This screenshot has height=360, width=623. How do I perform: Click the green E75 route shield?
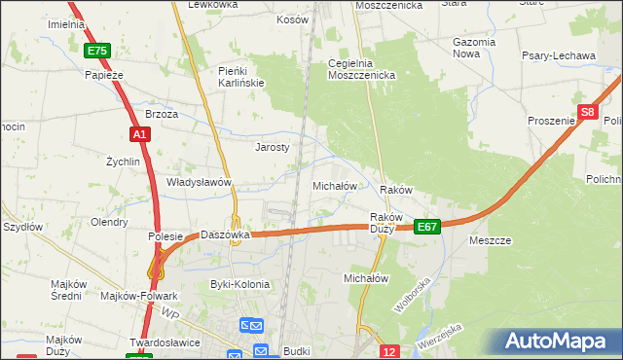pyautogui.click(x=97, y=51)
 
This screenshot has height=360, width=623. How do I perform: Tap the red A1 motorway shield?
pyautogui.click(x=139, y=134)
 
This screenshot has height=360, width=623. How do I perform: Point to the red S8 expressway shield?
pyautogui.click(x=586, y=113)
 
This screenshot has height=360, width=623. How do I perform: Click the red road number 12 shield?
pyautogui.click(x=389, y=351)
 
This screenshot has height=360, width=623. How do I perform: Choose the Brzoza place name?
pyautogui.click(x=162, y=114)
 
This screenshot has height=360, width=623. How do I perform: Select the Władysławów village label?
pyautogui.click(x=199, y=182)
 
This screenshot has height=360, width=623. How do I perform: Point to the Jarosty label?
pyautogui.click(x=273, y=148)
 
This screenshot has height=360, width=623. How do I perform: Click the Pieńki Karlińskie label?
pyautogui.click(x=241, y=77)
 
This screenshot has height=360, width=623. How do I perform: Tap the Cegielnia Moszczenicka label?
pyautogui.click(x=360, y=68)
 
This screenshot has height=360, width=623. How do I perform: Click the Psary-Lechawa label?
pyautogui.click(x=561, y=55)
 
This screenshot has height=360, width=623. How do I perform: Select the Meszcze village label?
pyautogui.click(x=491, y=240)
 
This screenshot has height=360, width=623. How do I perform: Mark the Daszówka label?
pyautogui.click(x=227, y=234)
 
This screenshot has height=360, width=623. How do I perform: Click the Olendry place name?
pyautogui.click(x=109, y=222)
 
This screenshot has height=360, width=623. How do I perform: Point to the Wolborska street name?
pyautogui.click(x=412, y=295)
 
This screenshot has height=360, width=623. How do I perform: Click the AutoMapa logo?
pyautogui.click(x=556, y=342)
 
